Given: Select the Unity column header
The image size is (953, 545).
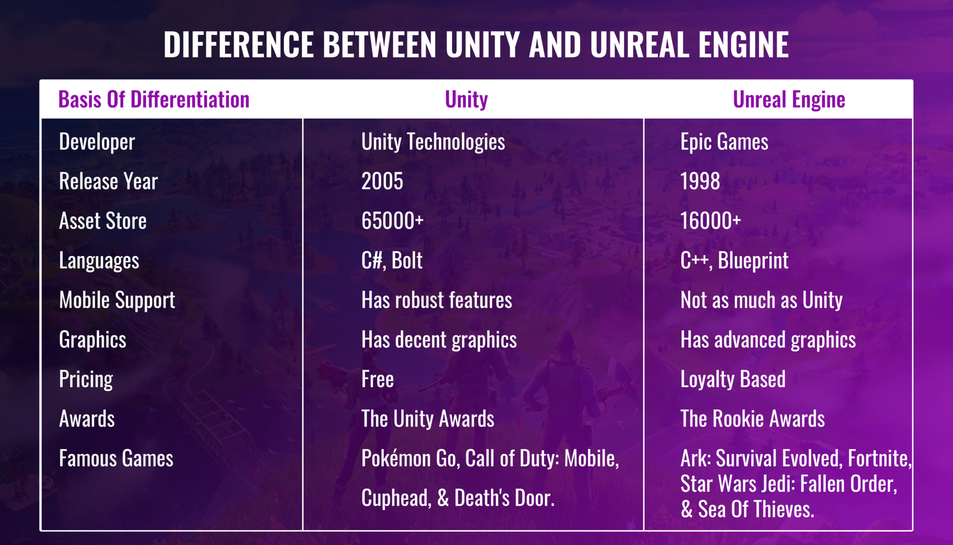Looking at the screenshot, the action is pyautogui.click(x=466, y=100).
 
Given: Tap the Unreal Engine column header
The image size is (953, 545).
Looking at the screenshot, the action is pyautogui.click(x=789, y=100).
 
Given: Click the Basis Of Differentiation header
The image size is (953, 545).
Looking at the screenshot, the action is pyautogui.click(x=154, y=100).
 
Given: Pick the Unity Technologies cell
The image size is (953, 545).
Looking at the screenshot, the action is pyautogui.click(x=433, y=142).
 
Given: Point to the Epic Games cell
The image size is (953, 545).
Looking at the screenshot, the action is pyautogui.click(x=724, y=142).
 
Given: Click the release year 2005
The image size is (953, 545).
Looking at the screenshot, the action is pyautogui.click(x=383, y=181).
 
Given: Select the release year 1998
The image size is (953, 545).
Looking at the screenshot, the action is pyautogui.click(x=700, y=181).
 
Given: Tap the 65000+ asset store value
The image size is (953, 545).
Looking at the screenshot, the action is pyautogui.click(x=392, y=221).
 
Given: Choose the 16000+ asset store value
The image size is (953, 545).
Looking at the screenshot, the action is pyautogui.click(x=710, y=221).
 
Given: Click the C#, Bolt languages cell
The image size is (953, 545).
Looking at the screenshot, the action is pyautogui.click(x=392, y=261).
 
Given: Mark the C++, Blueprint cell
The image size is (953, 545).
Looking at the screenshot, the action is pyautogui.click(x=734, y=261).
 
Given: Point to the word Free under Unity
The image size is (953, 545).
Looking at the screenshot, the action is pyautogui.click(x=377, y=379).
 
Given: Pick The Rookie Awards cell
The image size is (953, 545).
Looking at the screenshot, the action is pyautogui.click(x=752, y=419).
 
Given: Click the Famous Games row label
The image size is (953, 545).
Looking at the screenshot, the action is pyautogui.click(x=116, y=458).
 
